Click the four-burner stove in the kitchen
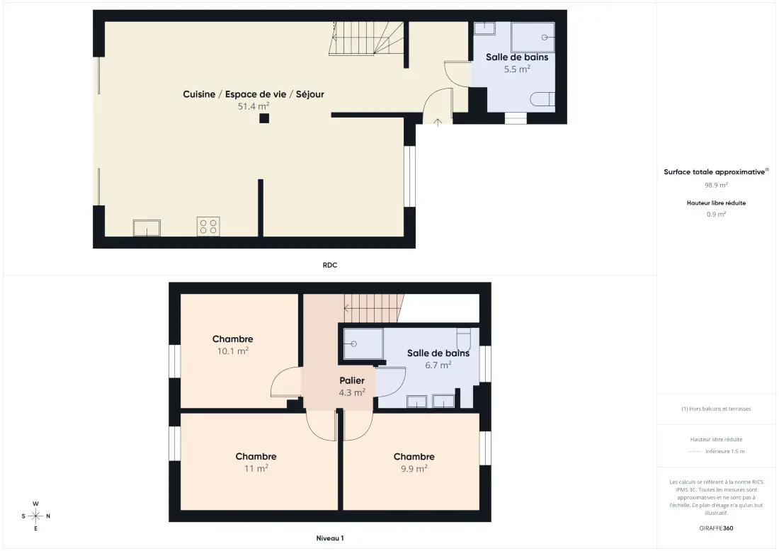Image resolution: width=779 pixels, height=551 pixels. (x=208, y=227)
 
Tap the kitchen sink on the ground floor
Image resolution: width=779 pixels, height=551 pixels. (x=147, y=228)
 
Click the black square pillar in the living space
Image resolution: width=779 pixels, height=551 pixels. (x=264, y=118)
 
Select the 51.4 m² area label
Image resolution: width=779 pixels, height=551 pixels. (x=254, y=106)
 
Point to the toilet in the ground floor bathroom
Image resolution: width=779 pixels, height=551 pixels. (x=542, y=99)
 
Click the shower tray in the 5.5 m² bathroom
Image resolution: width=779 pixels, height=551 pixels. (x=533, y=38)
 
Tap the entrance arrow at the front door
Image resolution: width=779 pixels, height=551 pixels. (x=438, y=123)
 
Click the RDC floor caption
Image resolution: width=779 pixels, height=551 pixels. (x=330, y=266)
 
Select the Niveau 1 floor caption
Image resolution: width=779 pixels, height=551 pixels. (x=330, y=538)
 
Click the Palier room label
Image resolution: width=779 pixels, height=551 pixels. (x=352, y=380)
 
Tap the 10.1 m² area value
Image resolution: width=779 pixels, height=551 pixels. (x=233, y=351)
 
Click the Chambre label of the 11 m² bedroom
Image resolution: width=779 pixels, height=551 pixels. (x=256, y=457)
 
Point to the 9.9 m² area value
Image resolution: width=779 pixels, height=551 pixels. (x=414, y=469)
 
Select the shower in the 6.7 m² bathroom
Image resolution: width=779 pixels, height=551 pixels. (x=363, y=343)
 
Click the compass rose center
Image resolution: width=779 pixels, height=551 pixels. (x=36, y=516)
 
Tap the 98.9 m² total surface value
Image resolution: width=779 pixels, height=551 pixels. (x=717, y=186)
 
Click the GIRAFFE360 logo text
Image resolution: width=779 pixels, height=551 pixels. (x=717, y=528)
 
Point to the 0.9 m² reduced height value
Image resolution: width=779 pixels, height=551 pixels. (x=717, y=214)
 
